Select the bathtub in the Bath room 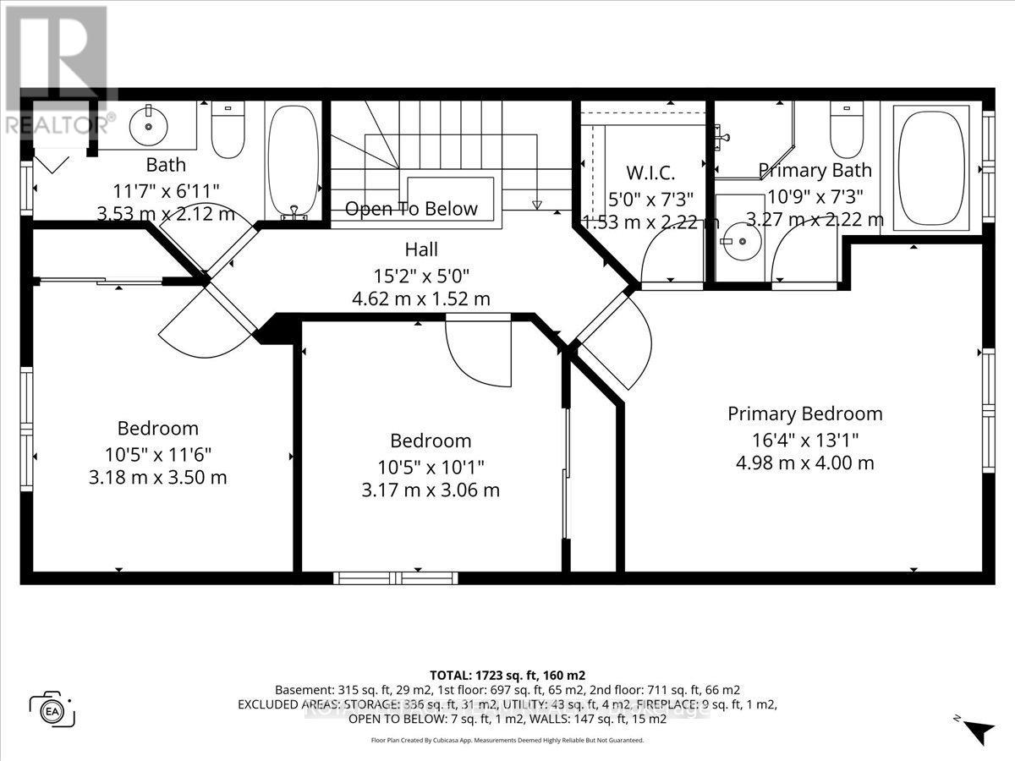[x=294, y=161]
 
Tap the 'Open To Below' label [x=411, y=209]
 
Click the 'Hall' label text [x=420, y=250]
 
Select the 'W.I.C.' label [x=650, y=174]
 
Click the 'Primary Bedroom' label [x=804, y=413]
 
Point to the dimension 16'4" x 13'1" [x=804, y=439]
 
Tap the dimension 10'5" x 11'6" [x=157, y=453]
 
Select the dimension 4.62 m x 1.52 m [x=420, y=298]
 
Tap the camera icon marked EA [x=52, y=709]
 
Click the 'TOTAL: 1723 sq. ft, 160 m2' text [x=507, y=675]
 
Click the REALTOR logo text [x=58, y=125]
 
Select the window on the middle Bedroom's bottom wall [x=395, y=578]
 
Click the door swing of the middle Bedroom [x=478, y=353]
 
